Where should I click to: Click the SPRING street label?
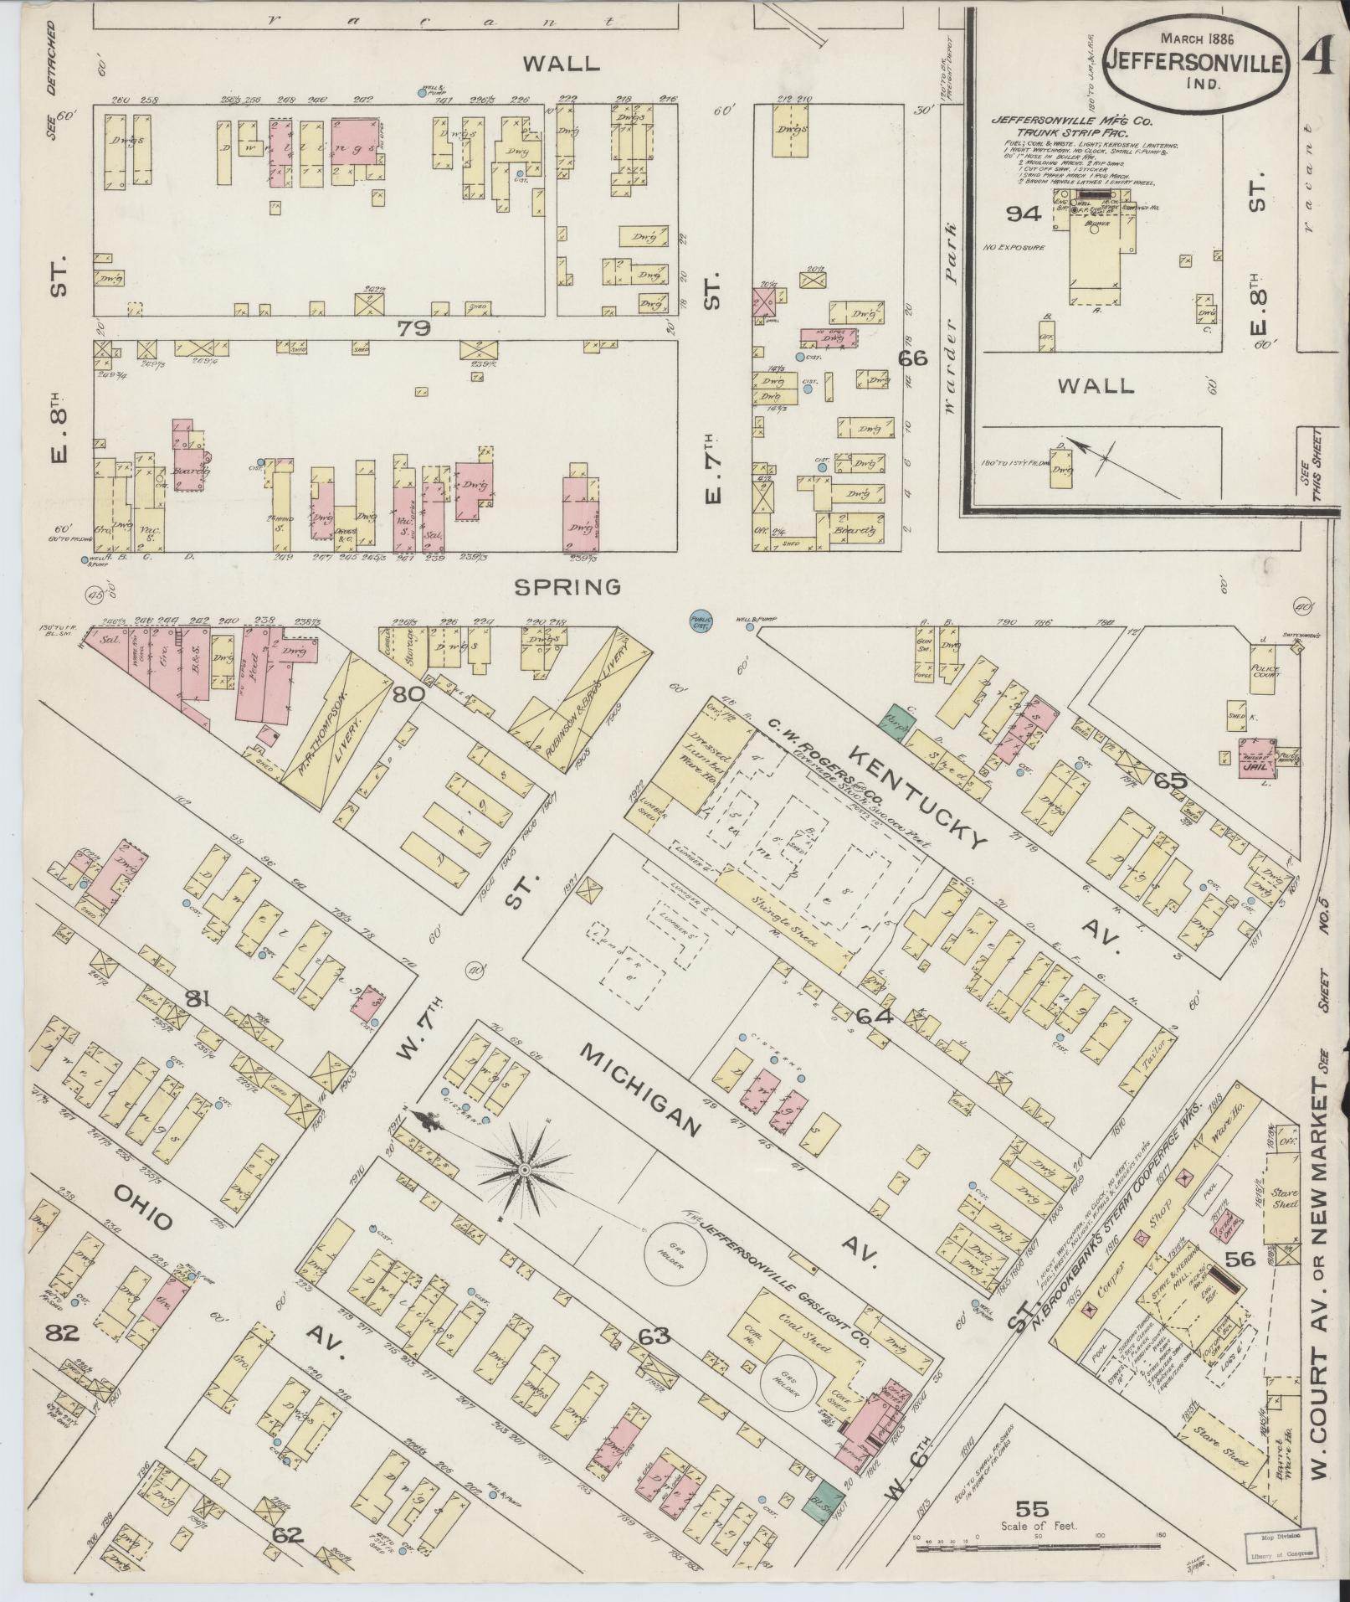568,586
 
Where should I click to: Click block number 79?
413,329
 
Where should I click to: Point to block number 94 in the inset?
1023,214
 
